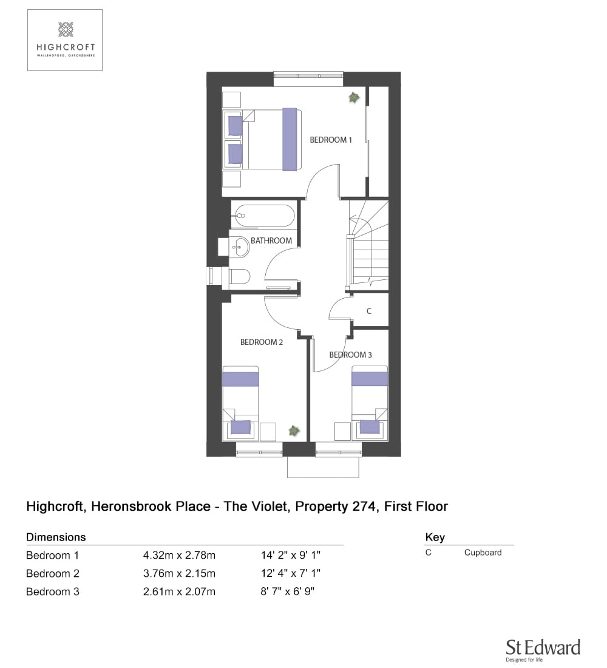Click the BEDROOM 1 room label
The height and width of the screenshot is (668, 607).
pos(331,140)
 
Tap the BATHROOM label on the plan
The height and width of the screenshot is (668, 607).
pos(271,240)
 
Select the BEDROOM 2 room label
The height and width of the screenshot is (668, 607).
pos(262,342)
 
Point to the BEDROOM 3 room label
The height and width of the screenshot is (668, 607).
pos(351,355)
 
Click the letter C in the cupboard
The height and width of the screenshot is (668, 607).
pos(369,311)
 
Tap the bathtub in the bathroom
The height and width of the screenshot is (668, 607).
pos(264,216)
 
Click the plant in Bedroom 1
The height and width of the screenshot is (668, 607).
pos(354,98)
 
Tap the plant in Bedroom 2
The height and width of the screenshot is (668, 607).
pos(294,431)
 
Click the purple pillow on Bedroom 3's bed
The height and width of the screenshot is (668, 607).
pos(370,427)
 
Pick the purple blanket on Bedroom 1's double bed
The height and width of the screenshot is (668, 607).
pos(290,139)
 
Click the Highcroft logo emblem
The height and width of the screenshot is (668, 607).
pos(66,29)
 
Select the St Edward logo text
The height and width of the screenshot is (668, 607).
pos(543,647)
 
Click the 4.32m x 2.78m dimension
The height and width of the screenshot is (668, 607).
pos(179,556)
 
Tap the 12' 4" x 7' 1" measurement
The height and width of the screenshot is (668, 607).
pos(291,573)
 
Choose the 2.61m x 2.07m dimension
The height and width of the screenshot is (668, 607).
pos(179,591)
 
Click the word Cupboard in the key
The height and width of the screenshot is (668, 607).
pos(483,553)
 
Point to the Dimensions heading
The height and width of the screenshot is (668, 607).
pos(56,537)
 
